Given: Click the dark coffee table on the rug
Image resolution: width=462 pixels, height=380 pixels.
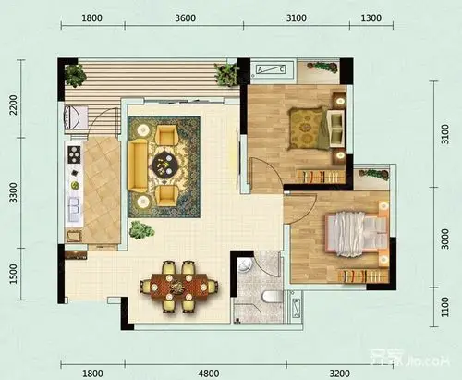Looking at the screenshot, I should pos(169,165).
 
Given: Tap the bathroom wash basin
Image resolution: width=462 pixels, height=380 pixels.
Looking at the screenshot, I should pos(243,267).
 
